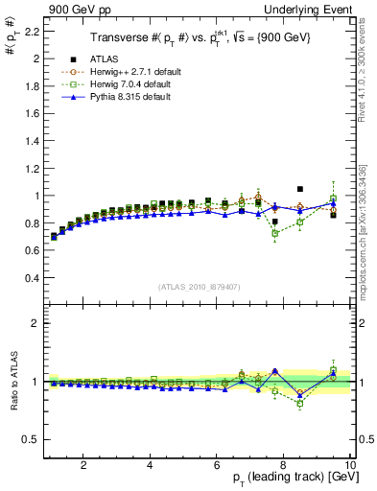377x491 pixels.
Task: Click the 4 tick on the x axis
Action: pyautogui.click(x=150, y=464)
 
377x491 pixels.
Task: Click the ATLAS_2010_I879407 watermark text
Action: pyautogui.click(x=200, y=286)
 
